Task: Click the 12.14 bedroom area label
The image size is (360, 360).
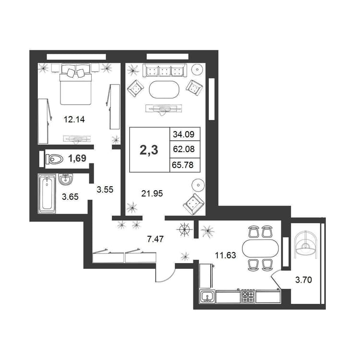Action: point(74,120)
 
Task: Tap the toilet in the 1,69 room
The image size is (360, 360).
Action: point(54,159)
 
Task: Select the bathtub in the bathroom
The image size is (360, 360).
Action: point(47,194)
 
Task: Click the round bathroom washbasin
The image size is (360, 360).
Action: point(66,180)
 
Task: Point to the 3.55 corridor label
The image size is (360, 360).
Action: point(105,190)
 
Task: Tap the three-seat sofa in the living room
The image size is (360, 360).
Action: point(165,71)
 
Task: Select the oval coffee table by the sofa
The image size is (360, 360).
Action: point(164,90)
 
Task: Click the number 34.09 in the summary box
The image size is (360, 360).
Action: point(184,134)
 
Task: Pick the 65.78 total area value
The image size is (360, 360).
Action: point(182,165)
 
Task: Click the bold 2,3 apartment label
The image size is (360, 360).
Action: point(149,150)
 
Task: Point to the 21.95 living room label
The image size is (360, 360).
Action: point(152,193)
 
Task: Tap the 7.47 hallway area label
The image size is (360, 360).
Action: point(156,239)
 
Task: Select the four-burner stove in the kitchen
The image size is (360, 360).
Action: point(248,297)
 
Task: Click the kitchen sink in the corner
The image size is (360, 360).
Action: point(207,297)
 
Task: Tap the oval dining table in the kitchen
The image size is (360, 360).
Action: point(260,249)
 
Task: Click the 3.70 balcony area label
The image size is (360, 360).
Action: point(303,280)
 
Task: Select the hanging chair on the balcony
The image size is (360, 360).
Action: point(305,244)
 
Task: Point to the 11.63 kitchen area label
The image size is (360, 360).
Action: point(226,255)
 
